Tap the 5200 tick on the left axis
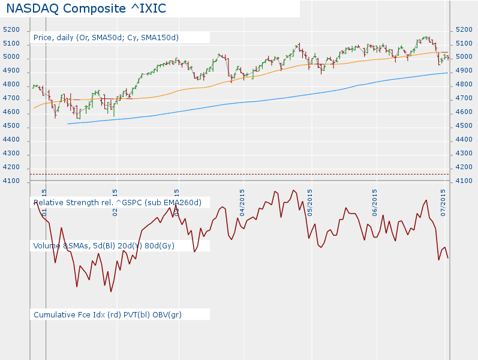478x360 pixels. [x=11, y=30]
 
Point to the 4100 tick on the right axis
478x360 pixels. [x=465, y=181]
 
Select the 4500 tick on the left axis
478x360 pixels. [x=11, y=127]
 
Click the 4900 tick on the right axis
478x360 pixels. [x=465, y=71]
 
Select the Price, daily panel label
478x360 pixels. [x=106, y=37]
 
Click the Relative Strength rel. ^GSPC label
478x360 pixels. [x=118, y=202]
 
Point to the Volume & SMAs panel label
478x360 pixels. [x=104, y=245]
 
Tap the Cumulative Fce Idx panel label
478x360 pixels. [x=108, y=314]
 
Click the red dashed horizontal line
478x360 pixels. [x=240, y=174]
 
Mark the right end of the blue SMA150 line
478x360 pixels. [x=447, y=73]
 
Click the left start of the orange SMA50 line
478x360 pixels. [x=34, y=108]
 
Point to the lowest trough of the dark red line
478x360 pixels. [x=111, y=292]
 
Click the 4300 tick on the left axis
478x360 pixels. [x=11, y=154]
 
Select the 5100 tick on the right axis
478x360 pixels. [x=465, y=43]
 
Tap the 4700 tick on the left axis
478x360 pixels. [x=11, y=99]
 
